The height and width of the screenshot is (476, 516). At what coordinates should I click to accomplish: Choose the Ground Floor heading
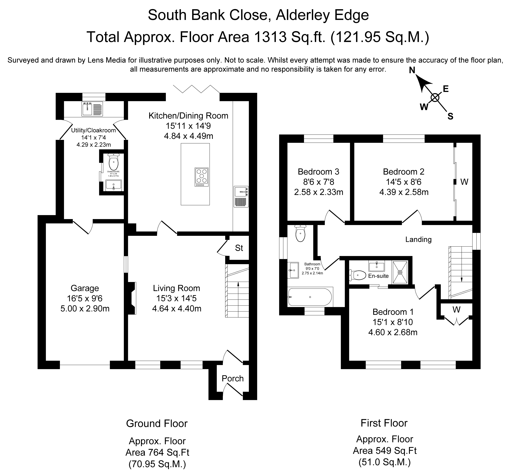(x=157, y=423)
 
